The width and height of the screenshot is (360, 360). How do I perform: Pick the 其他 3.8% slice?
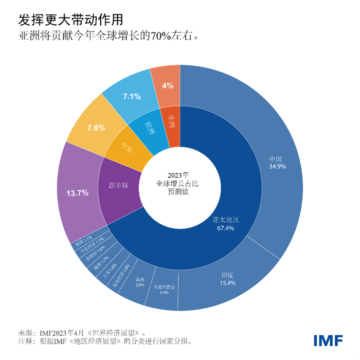point(139,281)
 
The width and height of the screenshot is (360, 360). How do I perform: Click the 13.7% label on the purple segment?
point(78,193)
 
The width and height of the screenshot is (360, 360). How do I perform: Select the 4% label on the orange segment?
point(167,85)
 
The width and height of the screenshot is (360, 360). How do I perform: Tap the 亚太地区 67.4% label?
point(227,223)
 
